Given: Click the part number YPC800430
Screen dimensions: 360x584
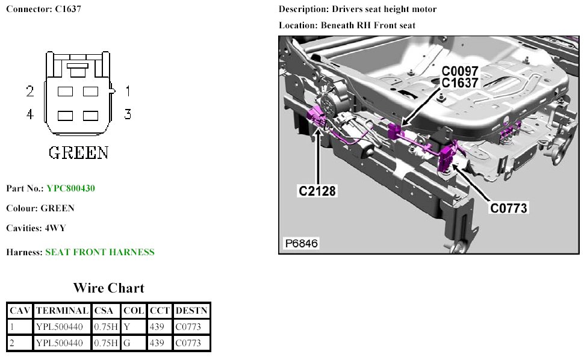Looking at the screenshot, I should click(x=70, y=188).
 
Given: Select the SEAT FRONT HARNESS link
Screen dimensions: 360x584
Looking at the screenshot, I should click(x=99, y=252).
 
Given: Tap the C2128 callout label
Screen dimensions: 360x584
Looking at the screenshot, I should click(x=317, y=191).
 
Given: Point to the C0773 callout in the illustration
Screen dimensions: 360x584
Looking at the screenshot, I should click(x=508, y=208).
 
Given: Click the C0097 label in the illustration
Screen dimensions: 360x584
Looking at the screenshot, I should click(x=460, y=71).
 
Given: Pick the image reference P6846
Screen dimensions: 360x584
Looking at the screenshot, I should click(x=301, y=244).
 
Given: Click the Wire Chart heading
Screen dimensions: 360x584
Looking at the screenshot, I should click(x=108, y=287).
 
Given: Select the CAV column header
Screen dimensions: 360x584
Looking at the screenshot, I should click(x=20, y=311).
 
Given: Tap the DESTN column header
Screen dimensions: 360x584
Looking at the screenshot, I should click(x=191, y=311).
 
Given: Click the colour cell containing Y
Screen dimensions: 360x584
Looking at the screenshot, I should click(x=126, y=327).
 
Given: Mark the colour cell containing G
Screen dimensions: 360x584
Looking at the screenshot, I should click(x=126, y=343).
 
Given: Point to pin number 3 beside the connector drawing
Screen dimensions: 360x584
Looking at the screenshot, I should click(x=128, y=114).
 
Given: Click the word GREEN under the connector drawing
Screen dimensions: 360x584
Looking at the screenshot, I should click(x=78, y=152).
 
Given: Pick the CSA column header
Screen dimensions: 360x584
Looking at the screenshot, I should click(x=107, y=311).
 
